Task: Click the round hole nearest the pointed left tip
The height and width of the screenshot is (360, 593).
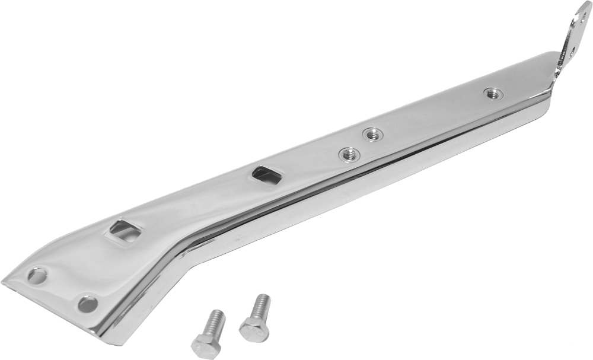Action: (x=37, y=276)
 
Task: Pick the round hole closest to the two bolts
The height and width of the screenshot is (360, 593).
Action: (x=88, y=304)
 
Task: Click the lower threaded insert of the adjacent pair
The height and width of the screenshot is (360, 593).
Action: (x=349, y=155)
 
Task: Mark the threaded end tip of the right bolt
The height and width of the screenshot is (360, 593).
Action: (x=263, y=297)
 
